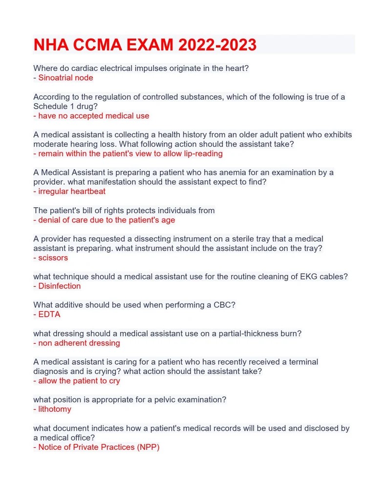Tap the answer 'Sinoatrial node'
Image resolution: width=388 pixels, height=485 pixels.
pos(65,78)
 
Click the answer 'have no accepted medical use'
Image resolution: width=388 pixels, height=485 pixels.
pos(93,116)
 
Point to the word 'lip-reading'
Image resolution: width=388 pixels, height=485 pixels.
pos(200,154)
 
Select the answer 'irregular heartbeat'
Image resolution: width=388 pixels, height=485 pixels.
pos(72,191)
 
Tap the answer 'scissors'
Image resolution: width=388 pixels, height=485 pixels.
pos(53,258)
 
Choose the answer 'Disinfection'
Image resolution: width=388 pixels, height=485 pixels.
pos(59,286)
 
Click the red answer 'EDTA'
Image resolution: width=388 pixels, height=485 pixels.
pos(49,314)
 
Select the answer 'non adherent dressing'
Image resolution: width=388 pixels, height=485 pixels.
pos(79,343)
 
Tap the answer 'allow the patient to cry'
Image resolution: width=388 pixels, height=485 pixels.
pos(79,381)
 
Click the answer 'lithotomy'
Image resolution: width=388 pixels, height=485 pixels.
pos(54,409)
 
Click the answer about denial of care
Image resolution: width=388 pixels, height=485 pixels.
pos(106,220)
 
